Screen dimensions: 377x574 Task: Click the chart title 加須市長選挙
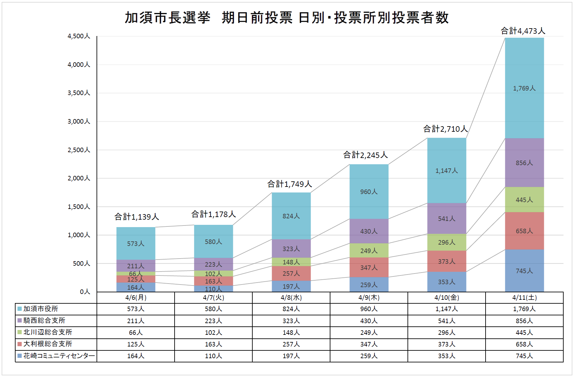[167, 18]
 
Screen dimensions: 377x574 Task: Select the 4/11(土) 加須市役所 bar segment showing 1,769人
[524, 88]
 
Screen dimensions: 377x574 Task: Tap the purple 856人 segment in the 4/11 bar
[524, 163]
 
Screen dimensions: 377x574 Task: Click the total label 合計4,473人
[523, 31]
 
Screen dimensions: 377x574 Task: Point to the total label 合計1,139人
[136, 217]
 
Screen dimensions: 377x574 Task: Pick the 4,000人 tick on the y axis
[79, 65]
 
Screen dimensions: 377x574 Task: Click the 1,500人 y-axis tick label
[79, 207]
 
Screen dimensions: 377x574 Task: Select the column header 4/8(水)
[291, 298]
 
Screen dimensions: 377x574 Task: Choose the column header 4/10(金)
[446, 298]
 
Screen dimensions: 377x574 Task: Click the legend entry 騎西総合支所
[44, 321]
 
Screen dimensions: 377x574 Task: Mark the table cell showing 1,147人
[446, 309]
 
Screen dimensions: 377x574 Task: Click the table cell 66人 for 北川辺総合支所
[135, 333]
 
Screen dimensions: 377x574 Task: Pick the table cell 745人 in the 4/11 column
[524, 356]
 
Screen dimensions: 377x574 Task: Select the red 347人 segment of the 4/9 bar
[369, 267]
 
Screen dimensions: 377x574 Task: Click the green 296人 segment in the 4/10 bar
[446, 242]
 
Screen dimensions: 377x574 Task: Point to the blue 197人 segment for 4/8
[291, 286]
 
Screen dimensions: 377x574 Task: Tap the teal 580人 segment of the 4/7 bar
[213, 242]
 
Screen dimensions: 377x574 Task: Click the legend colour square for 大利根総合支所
[20, 344]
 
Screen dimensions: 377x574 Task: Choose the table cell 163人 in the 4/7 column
[213, 344]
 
